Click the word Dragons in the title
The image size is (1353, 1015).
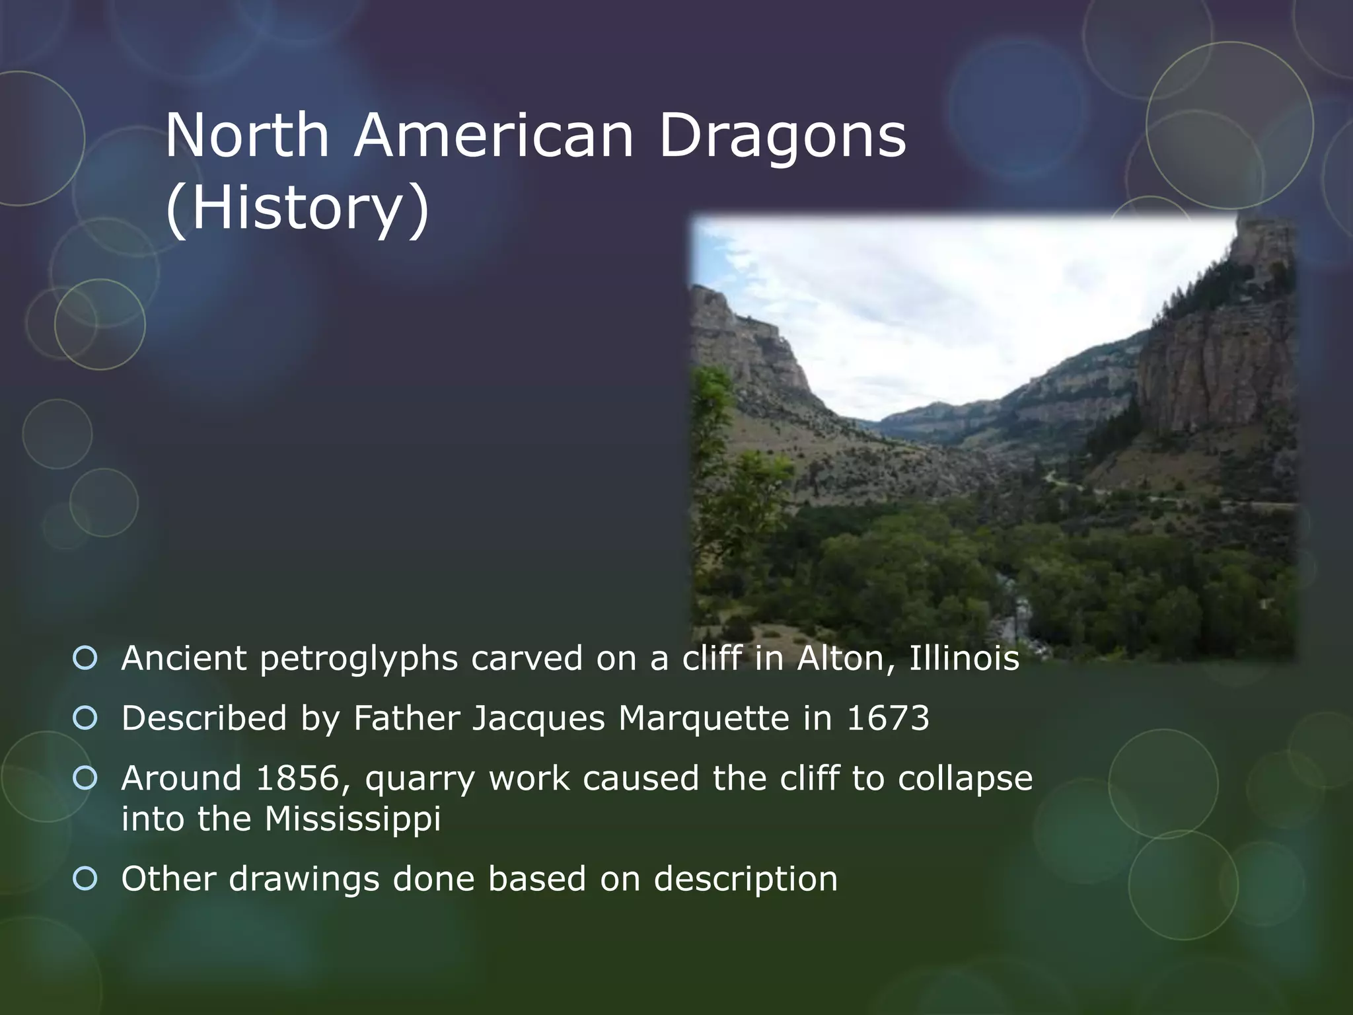(782, 137)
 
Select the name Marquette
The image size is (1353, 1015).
(704, 719)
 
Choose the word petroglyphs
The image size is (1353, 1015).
(359, 659)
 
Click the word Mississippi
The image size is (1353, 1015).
(352, 819)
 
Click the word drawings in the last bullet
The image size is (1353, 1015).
(305, 880)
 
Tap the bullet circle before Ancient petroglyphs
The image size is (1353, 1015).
(85, 658)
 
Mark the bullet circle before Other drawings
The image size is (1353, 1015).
(85, 878)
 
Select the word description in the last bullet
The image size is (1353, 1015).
(746, 880)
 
